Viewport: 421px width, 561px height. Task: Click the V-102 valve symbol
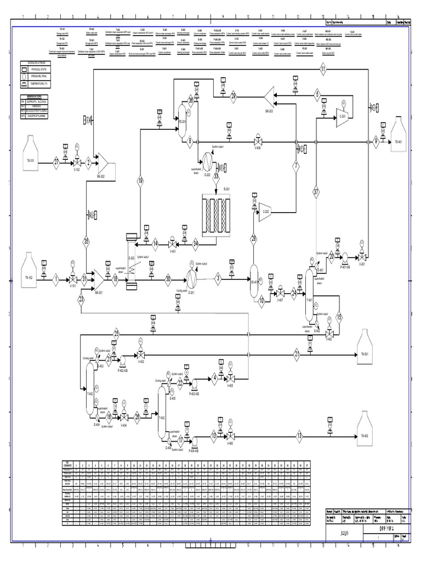click(x=77, y=163)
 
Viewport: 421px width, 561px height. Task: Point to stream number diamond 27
click(x=56, y=162)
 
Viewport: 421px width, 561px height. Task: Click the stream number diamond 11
click(x=323, y=69)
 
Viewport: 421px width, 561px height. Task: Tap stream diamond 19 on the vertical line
click(x=140, y=181)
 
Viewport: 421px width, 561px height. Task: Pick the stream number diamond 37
click(x=316, y=192)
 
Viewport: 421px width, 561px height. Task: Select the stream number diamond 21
click(x=297, y=354)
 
